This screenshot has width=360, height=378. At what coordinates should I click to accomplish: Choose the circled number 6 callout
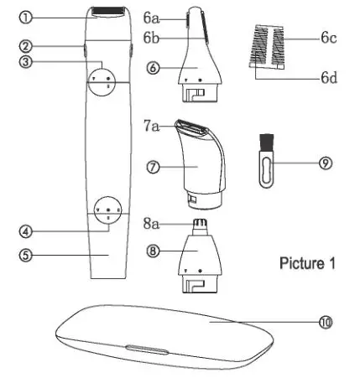[154, 69]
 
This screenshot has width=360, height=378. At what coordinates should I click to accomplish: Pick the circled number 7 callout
[154, 167]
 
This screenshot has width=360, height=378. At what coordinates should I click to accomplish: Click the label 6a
[152, 16]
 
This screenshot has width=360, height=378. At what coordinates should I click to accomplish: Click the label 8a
[152, 224]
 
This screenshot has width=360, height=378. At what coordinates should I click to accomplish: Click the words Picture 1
[307, 262]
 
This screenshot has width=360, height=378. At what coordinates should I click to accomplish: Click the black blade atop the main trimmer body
[107, 11]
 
